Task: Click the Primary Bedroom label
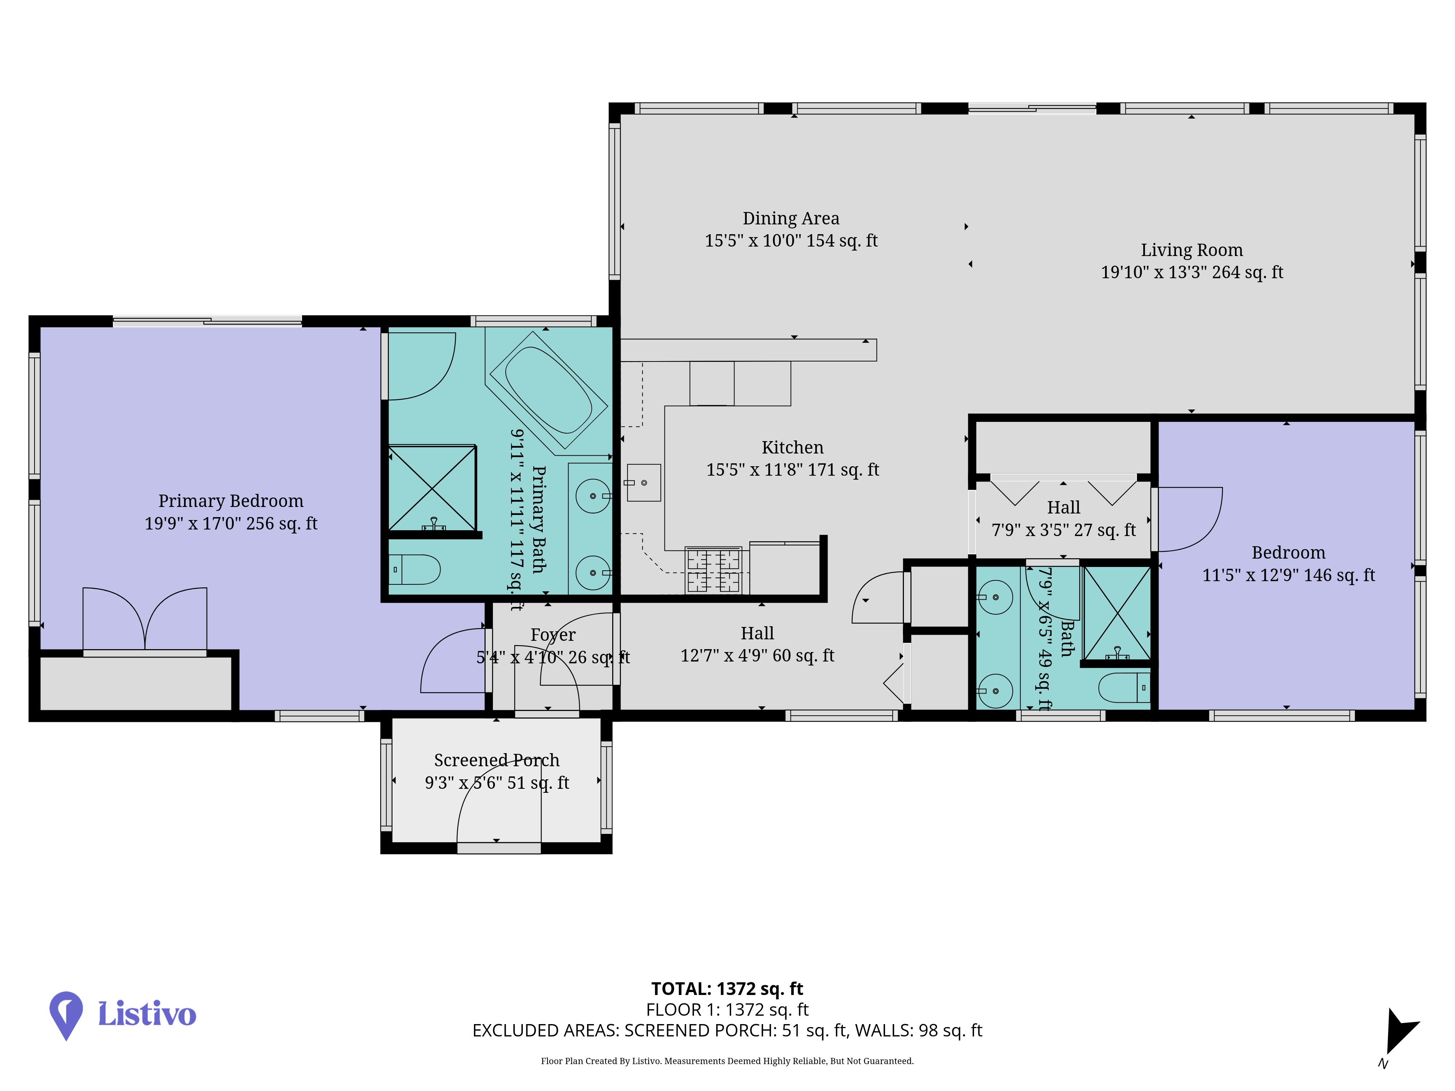[x=231, y=501]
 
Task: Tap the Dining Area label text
[x=791, y=218]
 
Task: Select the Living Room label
[x=1192, y=250]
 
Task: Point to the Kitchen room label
[x=793, y=447]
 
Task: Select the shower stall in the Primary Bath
[x=432, y=489]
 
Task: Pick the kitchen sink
[x=643, y=483]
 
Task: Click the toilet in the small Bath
[x=1124, y=688]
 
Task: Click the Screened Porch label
[x=497, y=760]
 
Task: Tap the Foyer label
[x=553, y=635]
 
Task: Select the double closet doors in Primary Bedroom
[x=145, y=619]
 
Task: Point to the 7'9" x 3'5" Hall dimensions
[x=1064, y=530]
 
